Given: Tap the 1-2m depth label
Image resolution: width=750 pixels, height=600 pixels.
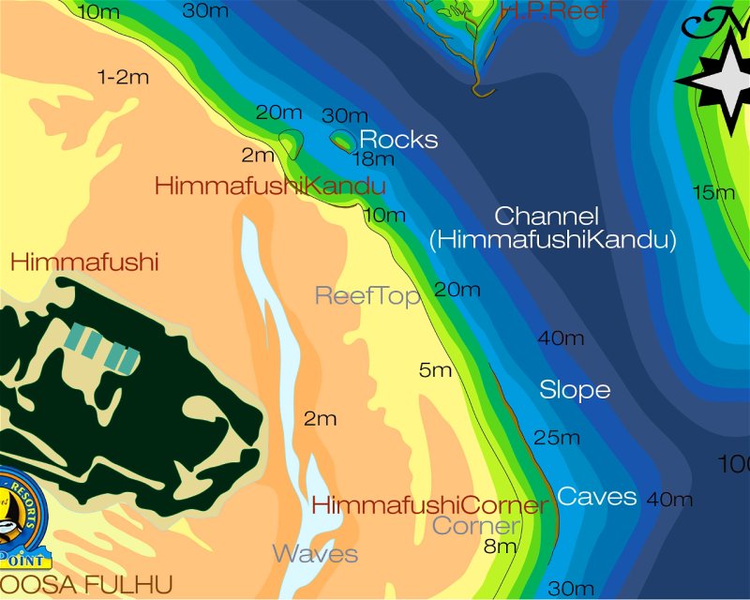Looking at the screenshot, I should pos(124,77).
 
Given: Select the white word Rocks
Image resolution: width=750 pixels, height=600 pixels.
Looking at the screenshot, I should pos(398,140).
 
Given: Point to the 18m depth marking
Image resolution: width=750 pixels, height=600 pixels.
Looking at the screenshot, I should pos(372,158).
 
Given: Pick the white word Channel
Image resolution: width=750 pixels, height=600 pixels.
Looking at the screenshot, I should pos(547,216).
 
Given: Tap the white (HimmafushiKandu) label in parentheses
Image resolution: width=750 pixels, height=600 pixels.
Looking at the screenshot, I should pos(553,240).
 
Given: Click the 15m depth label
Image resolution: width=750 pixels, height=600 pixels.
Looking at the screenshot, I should pos(713,193).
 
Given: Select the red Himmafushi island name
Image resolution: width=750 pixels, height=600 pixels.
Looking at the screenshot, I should pos(84,262).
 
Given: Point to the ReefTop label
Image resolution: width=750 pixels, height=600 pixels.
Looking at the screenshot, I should pos(367,296).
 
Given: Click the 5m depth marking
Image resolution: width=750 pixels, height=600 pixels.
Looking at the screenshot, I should pos(436,370).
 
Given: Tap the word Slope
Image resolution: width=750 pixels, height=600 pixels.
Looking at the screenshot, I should pos(575,390).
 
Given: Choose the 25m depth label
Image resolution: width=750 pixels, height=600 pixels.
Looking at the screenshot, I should pos(557,437).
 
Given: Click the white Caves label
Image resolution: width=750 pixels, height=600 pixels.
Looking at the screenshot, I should pos(597,497).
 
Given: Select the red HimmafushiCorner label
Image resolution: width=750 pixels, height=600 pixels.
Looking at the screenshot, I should pos(429,506).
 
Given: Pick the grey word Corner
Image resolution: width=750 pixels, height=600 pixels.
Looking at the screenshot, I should pos(475,526).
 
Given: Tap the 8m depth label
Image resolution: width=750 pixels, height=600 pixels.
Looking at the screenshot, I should pos(501,546).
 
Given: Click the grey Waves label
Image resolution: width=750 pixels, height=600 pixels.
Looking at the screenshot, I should pos(315,553).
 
